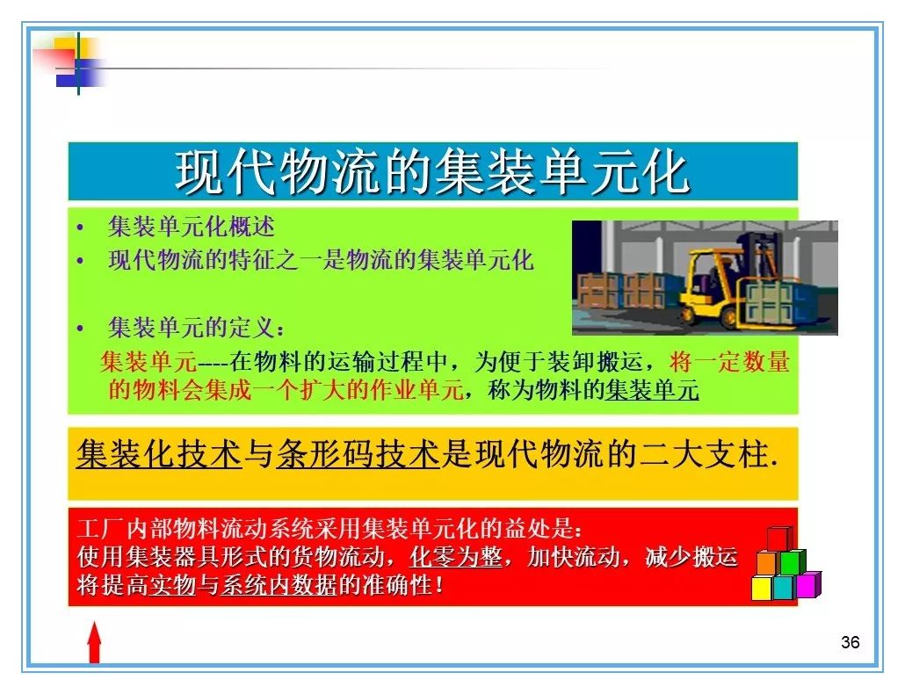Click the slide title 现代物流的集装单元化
(x=433, y=172)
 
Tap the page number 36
(x=851, y=642)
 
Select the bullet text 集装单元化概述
(x=191, y=226)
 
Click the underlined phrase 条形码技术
(x=358, y=454)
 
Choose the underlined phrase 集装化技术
(x=159, y=454)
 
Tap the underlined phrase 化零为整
(x=455, y=557)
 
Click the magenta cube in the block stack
(x=808, y=584)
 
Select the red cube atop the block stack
(x=779, y=539)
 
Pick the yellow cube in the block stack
(x=762, y=588)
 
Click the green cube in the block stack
(x=792, y=562)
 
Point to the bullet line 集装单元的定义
(x=196, y=328)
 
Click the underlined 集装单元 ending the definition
(x=652, y=391)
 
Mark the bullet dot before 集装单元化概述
(x=80, y=228)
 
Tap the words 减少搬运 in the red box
(x=691, y=557)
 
